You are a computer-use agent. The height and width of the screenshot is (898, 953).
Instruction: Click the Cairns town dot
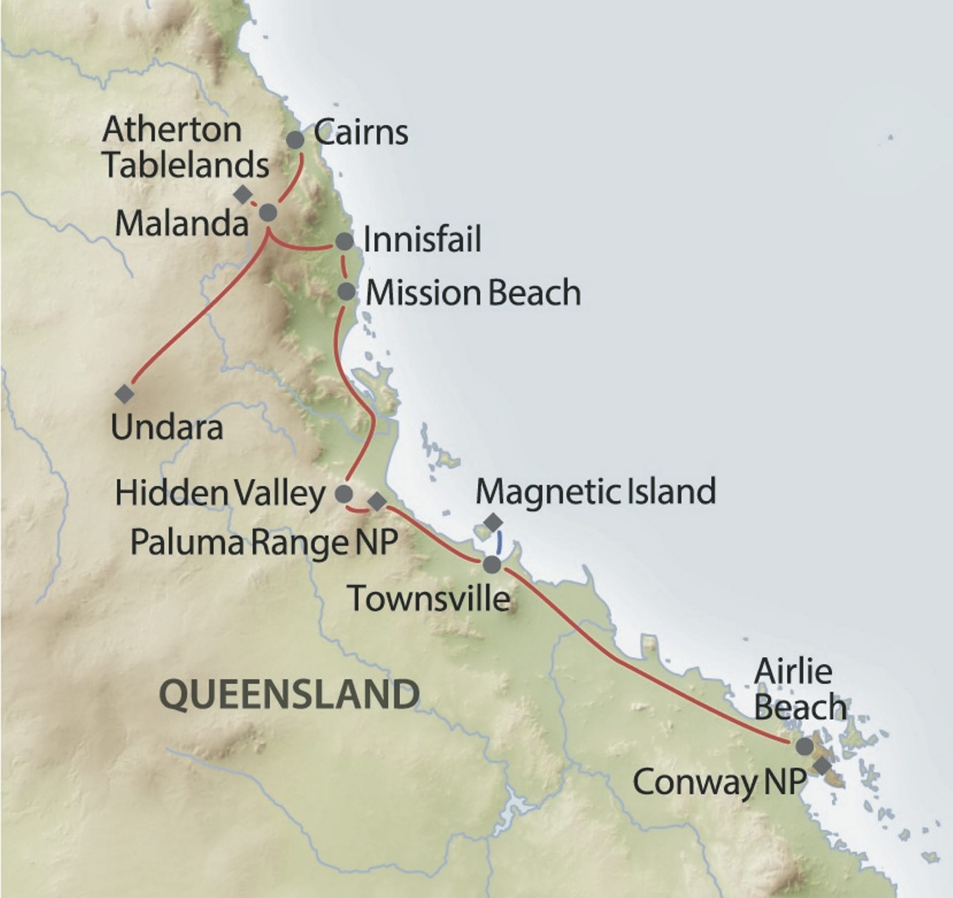point(295,140)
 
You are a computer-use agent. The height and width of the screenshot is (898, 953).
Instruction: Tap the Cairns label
point(361,133)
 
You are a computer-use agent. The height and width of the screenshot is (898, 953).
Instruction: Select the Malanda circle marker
point(268,213)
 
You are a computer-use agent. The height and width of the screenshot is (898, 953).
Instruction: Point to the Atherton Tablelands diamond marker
point(243,194)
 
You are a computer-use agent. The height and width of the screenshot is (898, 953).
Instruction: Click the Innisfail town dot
point(344,242)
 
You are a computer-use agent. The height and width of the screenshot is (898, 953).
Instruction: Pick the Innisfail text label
point(422,240)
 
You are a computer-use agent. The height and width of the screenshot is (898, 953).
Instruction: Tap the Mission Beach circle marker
point(346,291)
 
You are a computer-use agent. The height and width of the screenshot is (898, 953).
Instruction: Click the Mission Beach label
point(473,293)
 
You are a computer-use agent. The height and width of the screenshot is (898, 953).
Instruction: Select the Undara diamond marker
point(124,394)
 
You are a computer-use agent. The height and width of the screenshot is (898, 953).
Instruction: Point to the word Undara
point(167,427)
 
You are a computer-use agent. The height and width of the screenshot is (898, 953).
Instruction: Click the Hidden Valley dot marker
point(344,494)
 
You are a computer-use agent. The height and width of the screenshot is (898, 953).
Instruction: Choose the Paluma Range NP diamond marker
point(377,502)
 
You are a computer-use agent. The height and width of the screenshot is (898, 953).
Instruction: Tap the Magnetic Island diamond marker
point(493,522)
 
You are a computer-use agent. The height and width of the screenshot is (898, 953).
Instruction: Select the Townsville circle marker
point(492,564)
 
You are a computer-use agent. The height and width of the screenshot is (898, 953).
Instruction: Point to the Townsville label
point(430,598)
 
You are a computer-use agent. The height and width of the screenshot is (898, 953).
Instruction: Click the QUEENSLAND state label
point(289,695)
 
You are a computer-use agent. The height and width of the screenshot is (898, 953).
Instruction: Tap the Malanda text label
point(182,224)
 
